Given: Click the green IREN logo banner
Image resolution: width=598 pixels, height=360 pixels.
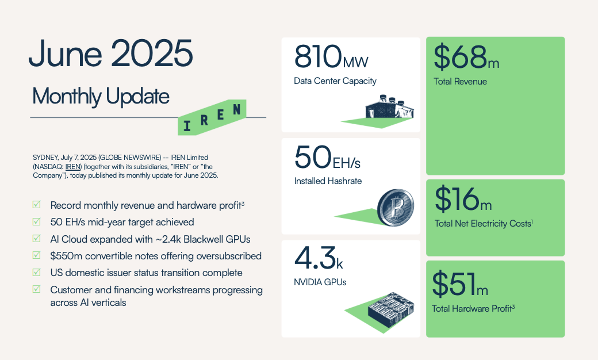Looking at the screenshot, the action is click(212, 117).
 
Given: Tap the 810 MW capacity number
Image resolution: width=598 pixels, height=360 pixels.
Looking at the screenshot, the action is click(331, 56).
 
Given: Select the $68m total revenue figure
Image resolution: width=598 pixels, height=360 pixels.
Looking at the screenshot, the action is click(466, 57).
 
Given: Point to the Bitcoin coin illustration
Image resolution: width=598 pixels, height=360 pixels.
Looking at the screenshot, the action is click(396, 208).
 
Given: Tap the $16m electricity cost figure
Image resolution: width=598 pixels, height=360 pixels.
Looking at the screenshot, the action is click(463, 198).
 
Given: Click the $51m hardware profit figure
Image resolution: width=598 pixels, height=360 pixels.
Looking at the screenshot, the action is click(460, 284).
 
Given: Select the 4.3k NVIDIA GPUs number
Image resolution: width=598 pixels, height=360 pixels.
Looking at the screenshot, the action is click(319, 258).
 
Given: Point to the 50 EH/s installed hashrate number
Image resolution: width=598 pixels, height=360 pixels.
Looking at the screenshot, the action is click(327, 157).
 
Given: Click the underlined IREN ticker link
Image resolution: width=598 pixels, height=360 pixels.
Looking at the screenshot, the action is click(73, 167).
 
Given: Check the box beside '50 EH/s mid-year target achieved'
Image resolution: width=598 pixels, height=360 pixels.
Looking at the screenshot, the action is click(37, 221).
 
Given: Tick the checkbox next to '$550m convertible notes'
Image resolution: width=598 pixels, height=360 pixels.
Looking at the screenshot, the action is click(37, 255).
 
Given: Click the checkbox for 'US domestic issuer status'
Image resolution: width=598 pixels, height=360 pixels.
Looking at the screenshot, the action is click(37, 272).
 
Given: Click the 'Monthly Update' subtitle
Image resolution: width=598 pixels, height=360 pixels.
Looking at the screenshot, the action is click(101, 96).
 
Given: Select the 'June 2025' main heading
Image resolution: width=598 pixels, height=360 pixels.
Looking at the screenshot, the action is click(110, 54).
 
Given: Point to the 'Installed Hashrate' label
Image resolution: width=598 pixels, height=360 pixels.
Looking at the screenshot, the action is click(328, 181).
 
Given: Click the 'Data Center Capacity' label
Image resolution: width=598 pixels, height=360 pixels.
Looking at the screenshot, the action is click(335, 81).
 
